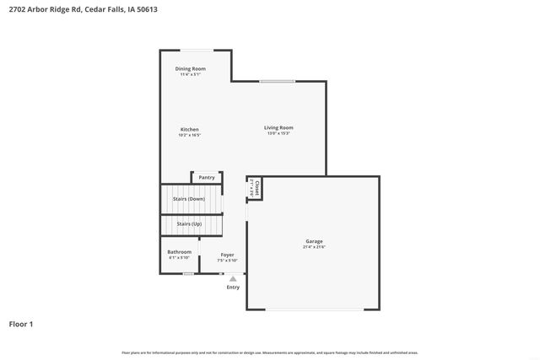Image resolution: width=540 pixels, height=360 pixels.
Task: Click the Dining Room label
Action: (190, 68)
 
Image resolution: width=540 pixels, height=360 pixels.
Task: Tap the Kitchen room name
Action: (189, 129)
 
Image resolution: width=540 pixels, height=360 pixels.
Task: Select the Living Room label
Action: (278, 127)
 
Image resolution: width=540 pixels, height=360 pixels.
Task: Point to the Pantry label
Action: (207, 178)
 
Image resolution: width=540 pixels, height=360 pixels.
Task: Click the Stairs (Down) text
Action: (189, 199)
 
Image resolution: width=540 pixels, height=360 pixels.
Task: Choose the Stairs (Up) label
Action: (189, 224)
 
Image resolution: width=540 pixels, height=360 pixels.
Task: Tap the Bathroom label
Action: (179, 252)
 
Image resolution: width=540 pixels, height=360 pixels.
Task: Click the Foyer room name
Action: (228, 255)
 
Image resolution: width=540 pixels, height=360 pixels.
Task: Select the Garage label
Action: (314, 241)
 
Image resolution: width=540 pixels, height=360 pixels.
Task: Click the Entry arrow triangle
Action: (233, 278)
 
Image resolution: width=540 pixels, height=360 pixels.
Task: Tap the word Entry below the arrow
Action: (233, 287)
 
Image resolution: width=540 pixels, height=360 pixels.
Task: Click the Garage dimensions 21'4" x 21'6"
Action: (314, 247)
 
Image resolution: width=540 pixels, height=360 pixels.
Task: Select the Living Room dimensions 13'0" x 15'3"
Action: (278, 133)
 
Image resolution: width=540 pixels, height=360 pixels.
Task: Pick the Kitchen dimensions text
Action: (189, 135)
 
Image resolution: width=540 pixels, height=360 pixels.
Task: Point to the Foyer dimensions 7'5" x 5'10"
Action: (228, 261)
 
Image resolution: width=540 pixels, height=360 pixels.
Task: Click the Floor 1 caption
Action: (21, 324)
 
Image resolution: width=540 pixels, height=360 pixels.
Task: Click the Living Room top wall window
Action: (277, 82)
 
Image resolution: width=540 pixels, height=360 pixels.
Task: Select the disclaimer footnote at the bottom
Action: (269, 352)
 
